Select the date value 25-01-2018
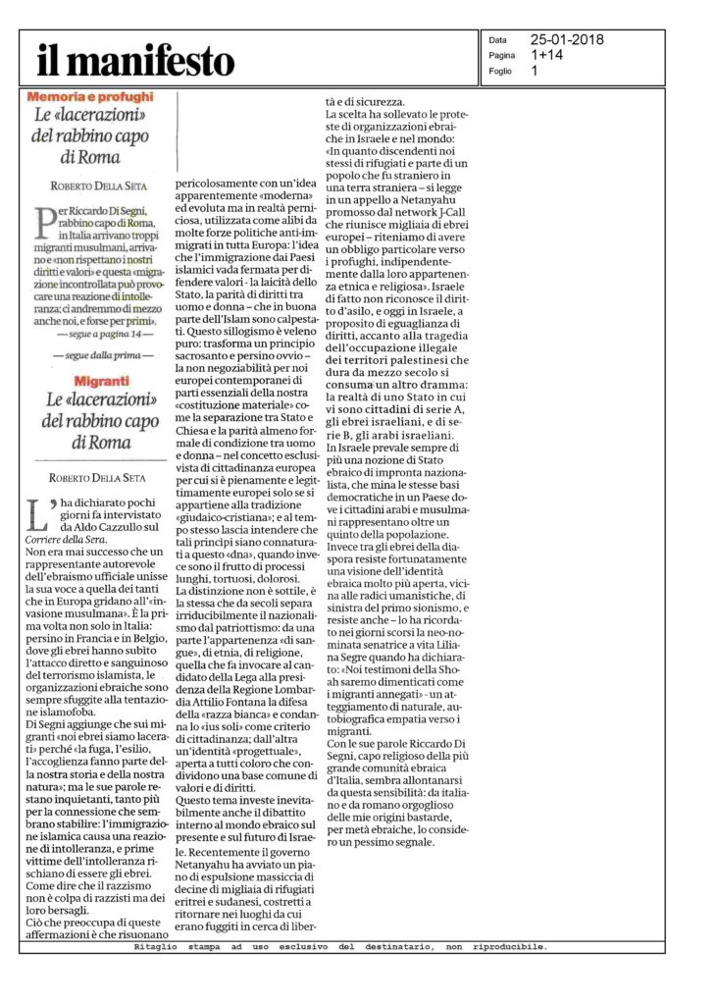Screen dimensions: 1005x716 point(570,40)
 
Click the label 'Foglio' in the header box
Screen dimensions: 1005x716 point(502,72)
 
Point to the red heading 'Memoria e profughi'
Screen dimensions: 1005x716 point(89,97)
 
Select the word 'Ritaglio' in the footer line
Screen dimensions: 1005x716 point(156,947)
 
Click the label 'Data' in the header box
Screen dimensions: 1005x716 point(498,40)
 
